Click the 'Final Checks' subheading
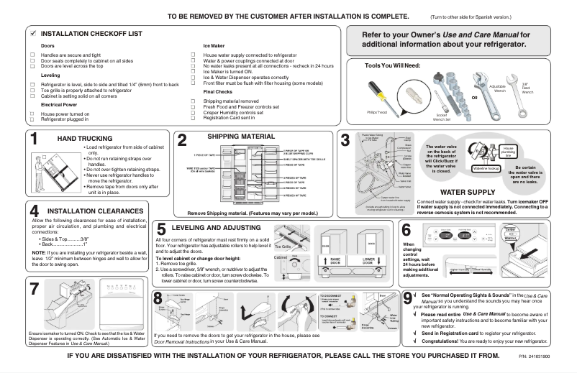point(218,92)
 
